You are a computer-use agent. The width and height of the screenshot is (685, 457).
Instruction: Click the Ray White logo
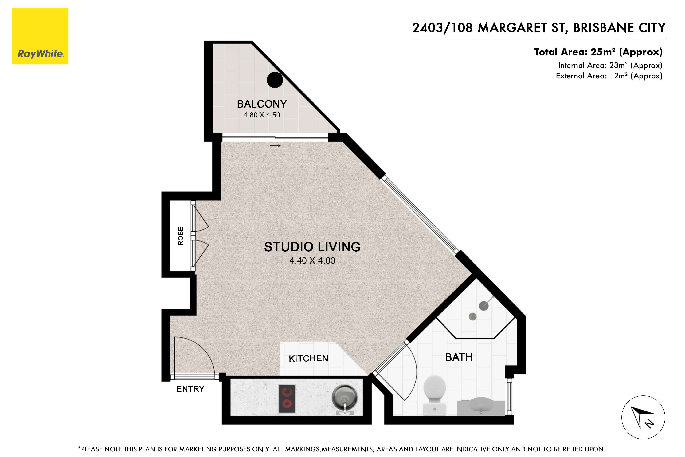[x=40, y=36]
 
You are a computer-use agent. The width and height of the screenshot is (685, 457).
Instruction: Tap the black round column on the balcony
[x=275, y=80]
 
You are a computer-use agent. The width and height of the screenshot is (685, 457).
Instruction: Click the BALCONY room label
[x=261, y=104]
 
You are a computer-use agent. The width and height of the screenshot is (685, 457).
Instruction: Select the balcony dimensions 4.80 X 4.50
[x=261, y=115]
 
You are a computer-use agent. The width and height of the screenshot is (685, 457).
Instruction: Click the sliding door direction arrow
[x=275, y=145]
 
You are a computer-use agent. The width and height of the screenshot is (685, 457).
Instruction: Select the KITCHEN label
[x=308, y=358]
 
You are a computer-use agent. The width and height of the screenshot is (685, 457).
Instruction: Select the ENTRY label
[x=190, y=389]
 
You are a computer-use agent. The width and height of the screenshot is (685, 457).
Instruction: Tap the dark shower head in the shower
[x=483, y=306]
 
